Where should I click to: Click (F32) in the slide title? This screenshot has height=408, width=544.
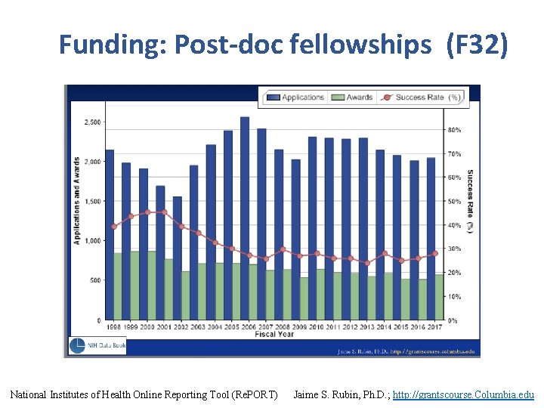478,45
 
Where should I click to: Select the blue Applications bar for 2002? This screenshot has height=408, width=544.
177,234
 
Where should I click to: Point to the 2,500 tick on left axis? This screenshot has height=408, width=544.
92,122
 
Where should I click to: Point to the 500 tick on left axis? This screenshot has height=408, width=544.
94,280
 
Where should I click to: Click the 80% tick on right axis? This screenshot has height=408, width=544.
453,130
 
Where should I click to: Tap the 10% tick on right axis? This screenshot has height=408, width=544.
453,297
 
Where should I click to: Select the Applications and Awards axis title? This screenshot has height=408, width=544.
77,200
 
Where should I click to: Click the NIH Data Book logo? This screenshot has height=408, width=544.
97,345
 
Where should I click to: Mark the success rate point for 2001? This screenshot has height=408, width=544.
165,212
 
